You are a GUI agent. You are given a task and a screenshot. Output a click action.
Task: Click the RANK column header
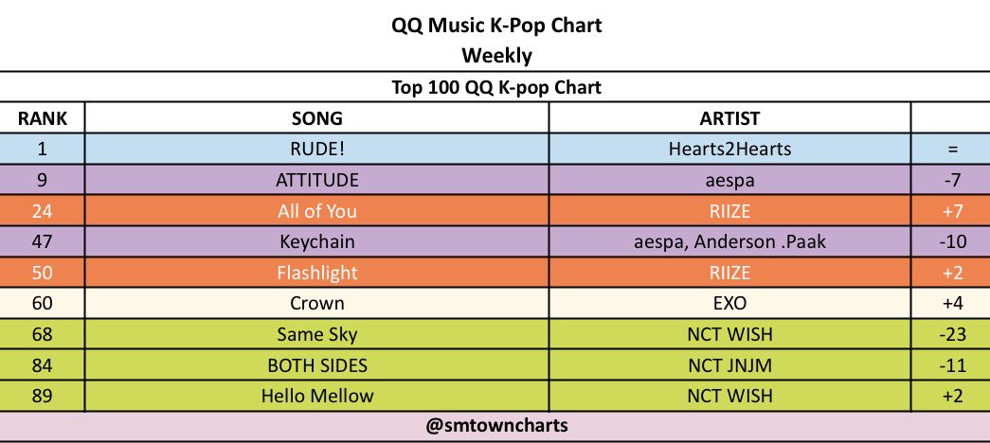(43, 118)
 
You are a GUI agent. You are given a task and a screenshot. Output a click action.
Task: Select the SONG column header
(317, 118)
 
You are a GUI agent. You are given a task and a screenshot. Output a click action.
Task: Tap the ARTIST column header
(729, 118)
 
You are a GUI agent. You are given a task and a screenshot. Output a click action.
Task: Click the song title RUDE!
(317, 149)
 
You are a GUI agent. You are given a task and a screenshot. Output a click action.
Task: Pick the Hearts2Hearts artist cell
(729, 149)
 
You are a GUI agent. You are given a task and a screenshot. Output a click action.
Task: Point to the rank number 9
(43, 180)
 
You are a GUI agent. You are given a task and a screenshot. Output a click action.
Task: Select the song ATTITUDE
(317, 180)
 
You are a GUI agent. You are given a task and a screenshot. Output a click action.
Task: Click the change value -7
(949, 180)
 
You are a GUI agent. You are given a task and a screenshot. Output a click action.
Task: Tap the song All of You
(317, 211)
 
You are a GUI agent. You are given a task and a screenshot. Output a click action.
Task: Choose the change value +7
(949, 211)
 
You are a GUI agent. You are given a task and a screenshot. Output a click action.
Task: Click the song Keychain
(317, 241)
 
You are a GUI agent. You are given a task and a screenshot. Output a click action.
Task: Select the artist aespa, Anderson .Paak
(729, 241)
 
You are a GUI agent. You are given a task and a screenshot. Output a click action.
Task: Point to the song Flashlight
(317, 273)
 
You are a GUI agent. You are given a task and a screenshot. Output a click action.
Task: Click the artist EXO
(729, 303)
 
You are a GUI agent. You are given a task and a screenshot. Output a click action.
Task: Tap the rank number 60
(43, 303)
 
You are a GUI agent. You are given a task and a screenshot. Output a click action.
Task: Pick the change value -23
(949, 334)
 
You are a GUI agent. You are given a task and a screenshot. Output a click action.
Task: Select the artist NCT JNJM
(729, 365)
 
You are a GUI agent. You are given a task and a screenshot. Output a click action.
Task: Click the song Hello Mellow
(317, 396)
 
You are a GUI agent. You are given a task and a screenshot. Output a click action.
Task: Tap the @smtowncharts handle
(497, 426)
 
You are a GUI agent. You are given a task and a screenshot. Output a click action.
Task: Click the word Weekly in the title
(497, 56)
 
